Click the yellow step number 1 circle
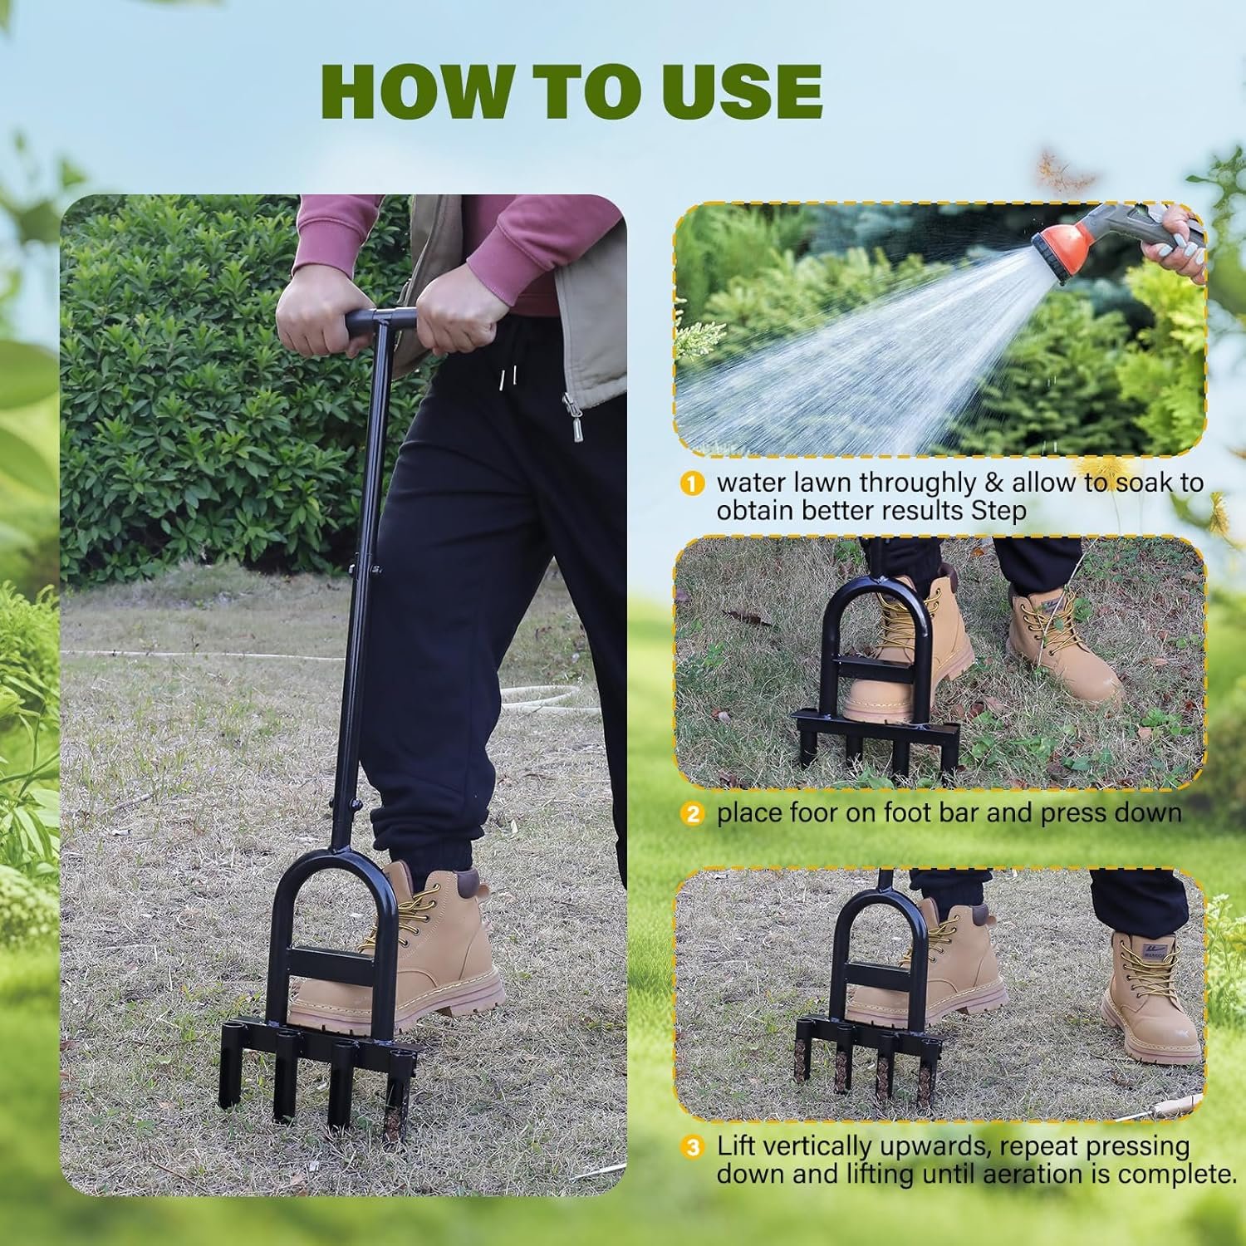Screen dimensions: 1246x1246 [x=691, y=483]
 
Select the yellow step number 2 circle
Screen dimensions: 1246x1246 [x=691, y=813]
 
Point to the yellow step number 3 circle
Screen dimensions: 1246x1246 [x=691, y=1147]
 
